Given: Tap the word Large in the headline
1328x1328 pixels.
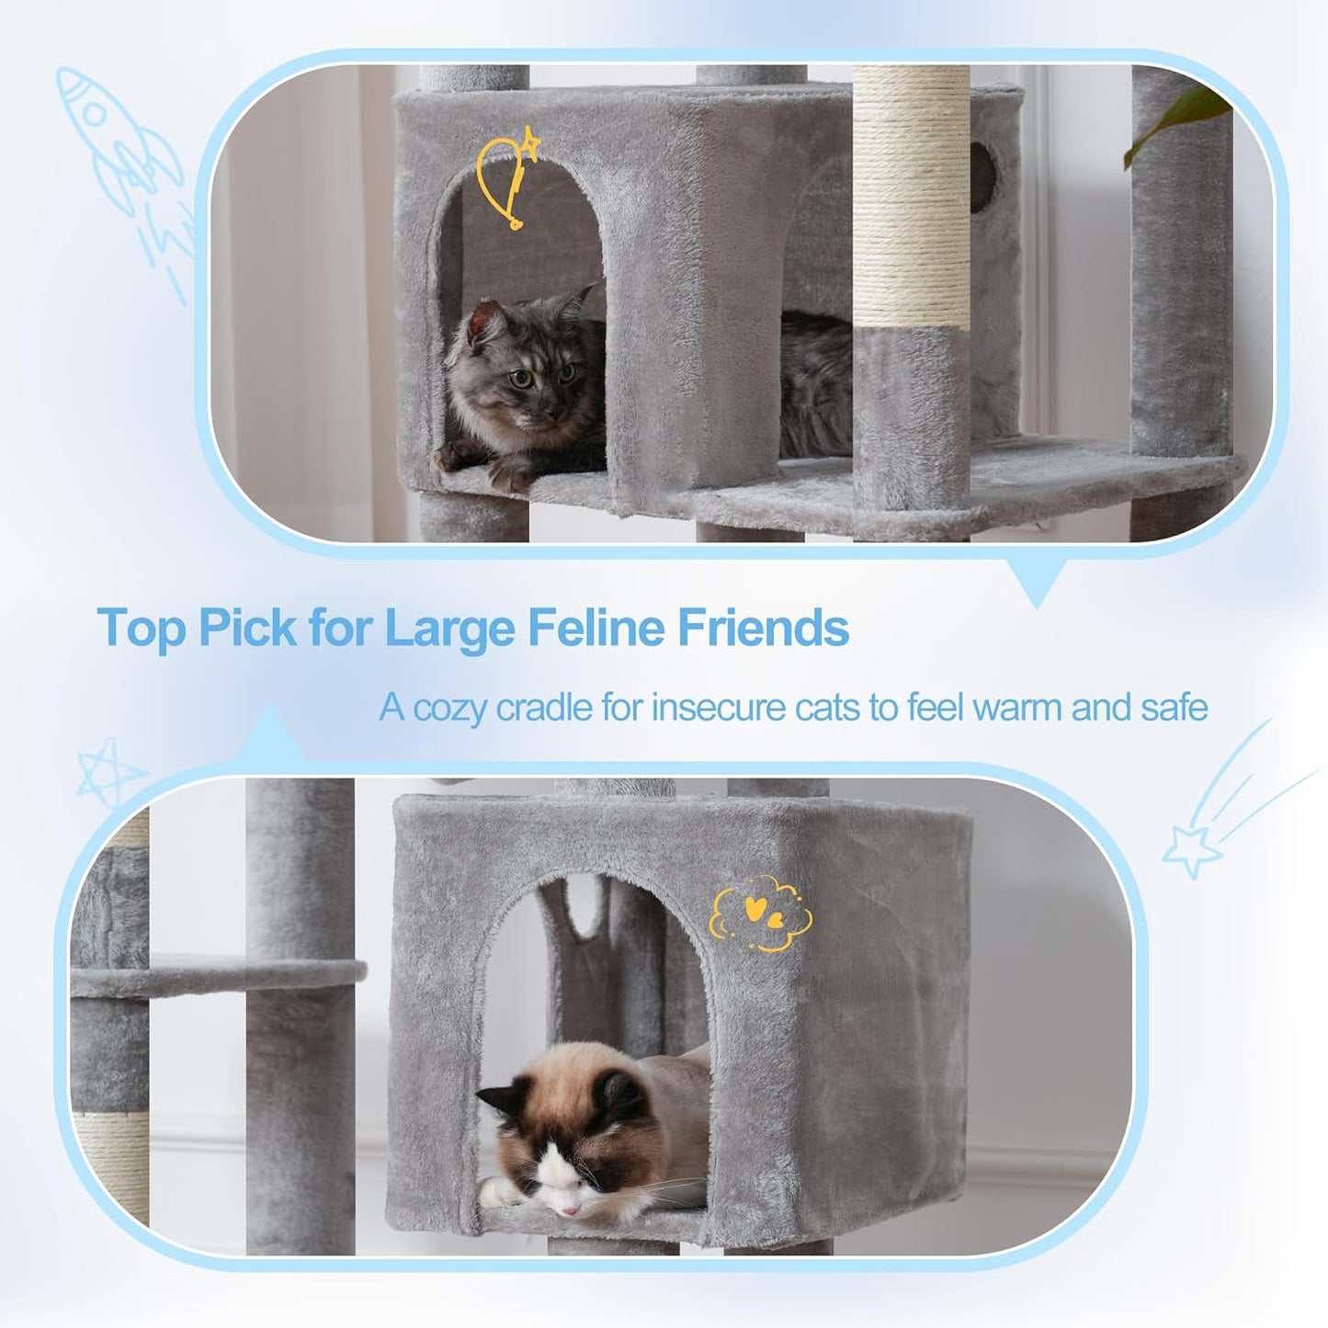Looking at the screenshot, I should pyautogui.click(x=448, y=629).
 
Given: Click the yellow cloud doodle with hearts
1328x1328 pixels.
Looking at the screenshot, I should pyautogui.click(x=760, y=914).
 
